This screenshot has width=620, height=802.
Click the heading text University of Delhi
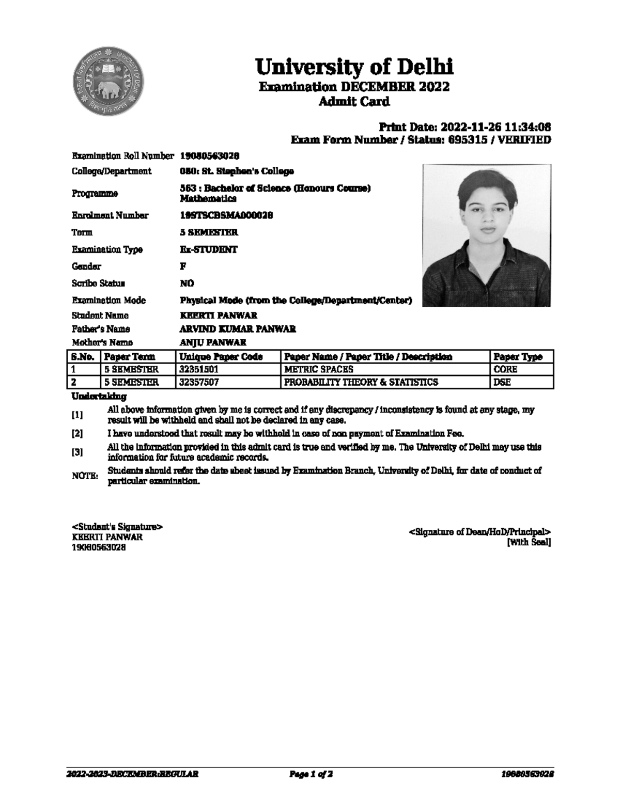click(354, 67)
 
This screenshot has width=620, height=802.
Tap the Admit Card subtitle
click(354, 102)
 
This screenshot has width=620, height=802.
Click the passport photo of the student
click(486, 235)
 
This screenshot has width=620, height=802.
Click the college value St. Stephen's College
click(237, 171)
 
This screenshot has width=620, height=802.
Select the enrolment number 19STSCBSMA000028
click(226, 215)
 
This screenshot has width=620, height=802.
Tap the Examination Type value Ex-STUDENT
click(208, 249)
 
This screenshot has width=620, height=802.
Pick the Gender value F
click(183, 266)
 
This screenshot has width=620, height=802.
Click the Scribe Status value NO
click(187, 284)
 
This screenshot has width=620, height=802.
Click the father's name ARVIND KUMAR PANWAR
click(237, 329)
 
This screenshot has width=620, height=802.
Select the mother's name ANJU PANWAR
click(212, 342)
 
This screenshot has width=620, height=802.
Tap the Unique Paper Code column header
click(221, 357)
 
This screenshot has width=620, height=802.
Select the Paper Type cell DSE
click(502, 383)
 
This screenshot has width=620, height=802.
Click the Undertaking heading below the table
click(99, 397)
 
